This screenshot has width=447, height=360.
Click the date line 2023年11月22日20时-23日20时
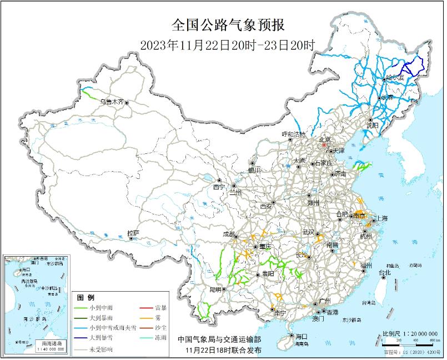coord(227,44)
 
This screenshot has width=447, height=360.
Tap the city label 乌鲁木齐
coord(111,102)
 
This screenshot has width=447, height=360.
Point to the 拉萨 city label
coord(133,233)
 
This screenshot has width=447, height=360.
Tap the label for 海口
coord(301,337)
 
